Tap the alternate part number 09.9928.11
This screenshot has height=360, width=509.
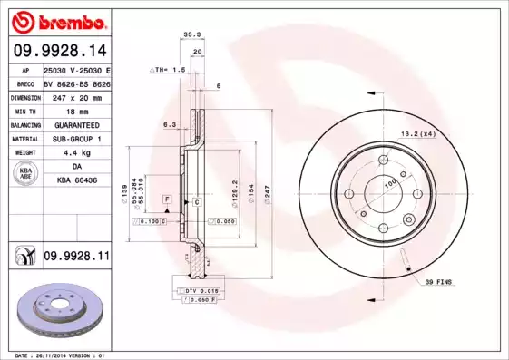[x=76, y=258]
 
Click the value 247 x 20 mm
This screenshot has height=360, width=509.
[x=75, y=95]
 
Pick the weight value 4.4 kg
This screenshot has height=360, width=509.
[x=76, y=152]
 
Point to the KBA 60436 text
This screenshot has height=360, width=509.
[x=76, y=180]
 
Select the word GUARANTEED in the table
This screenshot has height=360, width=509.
[x=76, y=123]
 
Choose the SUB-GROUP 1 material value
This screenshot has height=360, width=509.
[x=76, y=138]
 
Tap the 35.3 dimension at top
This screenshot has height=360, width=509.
[x=191, y=34]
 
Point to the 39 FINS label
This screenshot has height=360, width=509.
[x=440, y=283]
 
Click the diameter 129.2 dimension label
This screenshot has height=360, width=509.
[x=235, y=189]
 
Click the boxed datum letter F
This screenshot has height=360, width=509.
[x=167, y=198]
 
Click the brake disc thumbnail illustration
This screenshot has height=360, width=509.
[x=54, y=313]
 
